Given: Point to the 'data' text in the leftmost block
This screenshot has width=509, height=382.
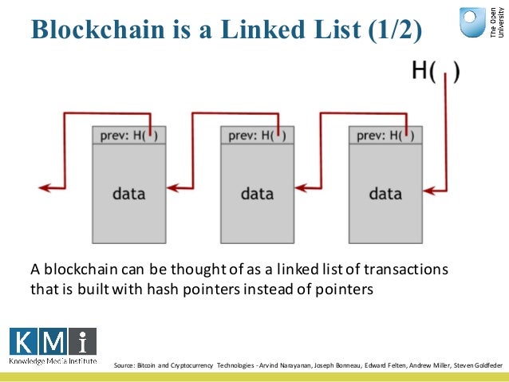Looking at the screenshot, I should (x=128, y=193).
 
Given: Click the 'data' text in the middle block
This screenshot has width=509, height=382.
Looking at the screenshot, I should (x=257, y=193).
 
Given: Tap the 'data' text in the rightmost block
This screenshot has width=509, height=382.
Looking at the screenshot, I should (x=385, y=193).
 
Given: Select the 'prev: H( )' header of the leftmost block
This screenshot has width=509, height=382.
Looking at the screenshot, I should (x=128, y=135).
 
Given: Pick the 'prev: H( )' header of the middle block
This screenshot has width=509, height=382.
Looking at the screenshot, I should (x=257, y=135).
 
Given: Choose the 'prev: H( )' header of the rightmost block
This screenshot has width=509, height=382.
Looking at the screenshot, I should (x=385, y=135).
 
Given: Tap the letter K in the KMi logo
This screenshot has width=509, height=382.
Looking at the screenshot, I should (x=24, y=341).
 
